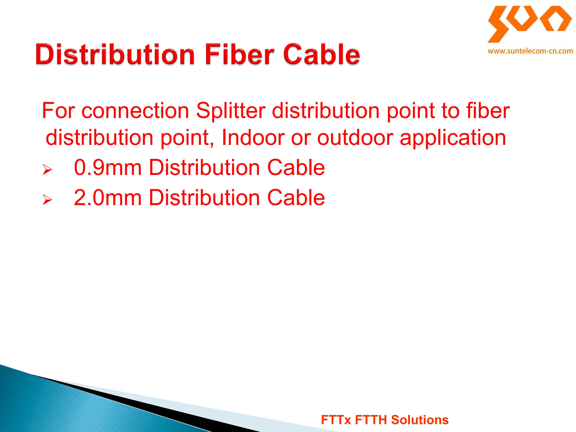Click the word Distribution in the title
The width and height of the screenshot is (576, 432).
pyautogui.click(x=115, y=54)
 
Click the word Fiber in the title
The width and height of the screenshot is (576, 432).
pyautogui.click(x=240, y=54)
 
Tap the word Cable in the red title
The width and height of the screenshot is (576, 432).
pyautogui.click(x=321, y=54)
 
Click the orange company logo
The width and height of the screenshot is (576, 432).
pyautogui.click(x=529, y=24)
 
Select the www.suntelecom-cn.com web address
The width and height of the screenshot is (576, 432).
pyautogui.click(x=530, y=51)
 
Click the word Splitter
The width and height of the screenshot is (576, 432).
pyautogui.click(x=231, y=111)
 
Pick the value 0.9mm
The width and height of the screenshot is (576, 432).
pyautogui.click(x=108, y=168)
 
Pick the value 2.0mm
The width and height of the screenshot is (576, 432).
pyautogui.click(x=108, y=198)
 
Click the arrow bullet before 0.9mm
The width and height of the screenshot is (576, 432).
pyautogui.click(x=47, y=169)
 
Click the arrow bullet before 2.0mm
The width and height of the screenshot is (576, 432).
pyautogui.click(x=47, y=199)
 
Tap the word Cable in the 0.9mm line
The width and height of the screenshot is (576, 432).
pyautogui.click(x=296, y=168)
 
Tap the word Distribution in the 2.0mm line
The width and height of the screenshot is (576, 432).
pyautogui.click(x=204, y=198)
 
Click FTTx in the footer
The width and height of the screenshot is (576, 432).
pyautogui.click(x=336, y=420)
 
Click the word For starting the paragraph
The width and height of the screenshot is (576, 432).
pyautogui.click(x=58, y=111)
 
